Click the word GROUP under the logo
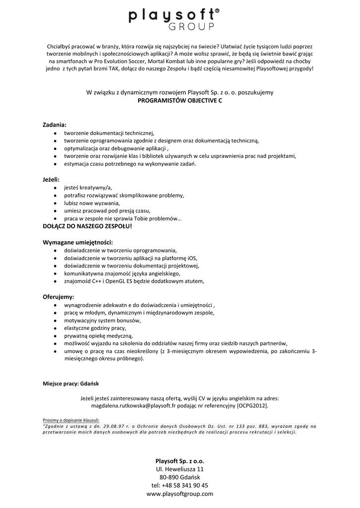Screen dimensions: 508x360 click(x=193, y=27)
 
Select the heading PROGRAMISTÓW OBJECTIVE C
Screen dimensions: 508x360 click(x=180, y=100)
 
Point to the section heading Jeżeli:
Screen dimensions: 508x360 click(x=51, y=179)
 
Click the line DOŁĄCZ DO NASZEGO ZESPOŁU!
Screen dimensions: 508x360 click(x=87, y=226)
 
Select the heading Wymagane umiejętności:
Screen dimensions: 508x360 click(x=78, y=242)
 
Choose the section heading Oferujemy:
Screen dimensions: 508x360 click(x=58, y=297)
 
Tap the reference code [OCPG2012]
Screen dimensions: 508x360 click(x=252, y=406)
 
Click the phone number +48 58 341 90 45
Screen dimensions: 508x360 click(x=186, y=485)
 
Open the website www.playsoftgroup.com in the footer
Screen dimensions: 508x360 click(x=180, y=494)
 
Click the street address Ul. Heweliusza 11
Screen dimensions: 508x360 click(x=180, y=469)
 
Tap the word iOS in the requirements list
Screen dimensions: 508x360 click(x=191, y=257)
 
